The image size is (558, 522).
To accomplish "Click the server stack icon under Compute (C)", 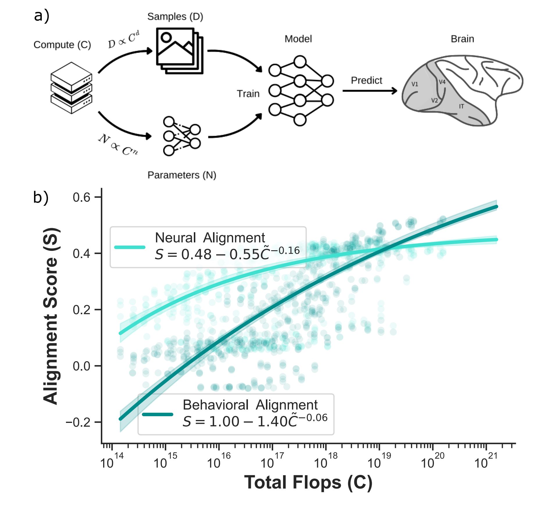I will pos(71,88).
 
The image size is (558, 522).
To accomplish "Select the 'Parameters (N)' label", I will pos(182,175).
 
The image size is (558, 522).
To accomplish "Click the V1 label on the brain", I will pos(415,84).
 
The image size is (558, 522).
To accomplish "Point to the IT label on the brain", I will pos(462,106).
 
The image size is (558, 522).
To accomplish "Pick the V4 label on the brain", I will pos(442,82).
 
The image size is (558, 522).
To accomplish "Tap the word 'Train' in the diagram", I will pos(248,94).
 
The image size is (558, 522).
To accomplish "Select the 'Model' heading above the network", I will pos(298,39).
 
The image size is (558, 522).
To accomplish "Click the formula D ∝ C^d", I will pos(124,40).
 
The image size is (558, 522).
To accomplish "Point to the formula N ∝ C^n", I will pos(118,145).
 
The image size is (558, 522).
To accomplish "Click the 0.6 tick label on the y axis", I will pos(81,197).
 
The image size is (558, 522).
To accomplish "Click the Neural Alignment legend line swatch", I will pos(130,247).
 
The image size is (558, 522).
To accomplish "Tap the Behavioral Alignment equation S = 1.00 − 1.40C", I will pos(255,421).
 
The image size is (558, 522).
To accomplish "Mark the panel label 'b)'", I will pos(41,197).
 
